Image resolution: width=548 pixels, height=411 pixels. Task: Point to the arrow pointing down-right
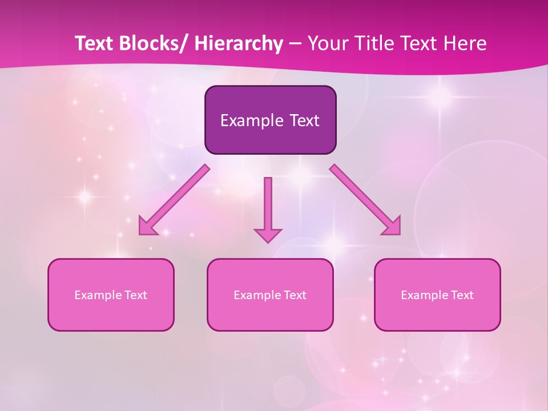[x=365, y=200]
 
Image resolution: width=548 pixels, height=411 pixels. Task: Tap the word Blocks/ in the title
[x=151, y=43]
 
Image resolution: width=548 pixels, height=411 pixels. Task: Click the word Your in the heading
[x=326, y=43]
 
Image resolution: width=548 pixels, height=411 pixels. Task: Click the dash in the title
[x=295, y=43]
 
